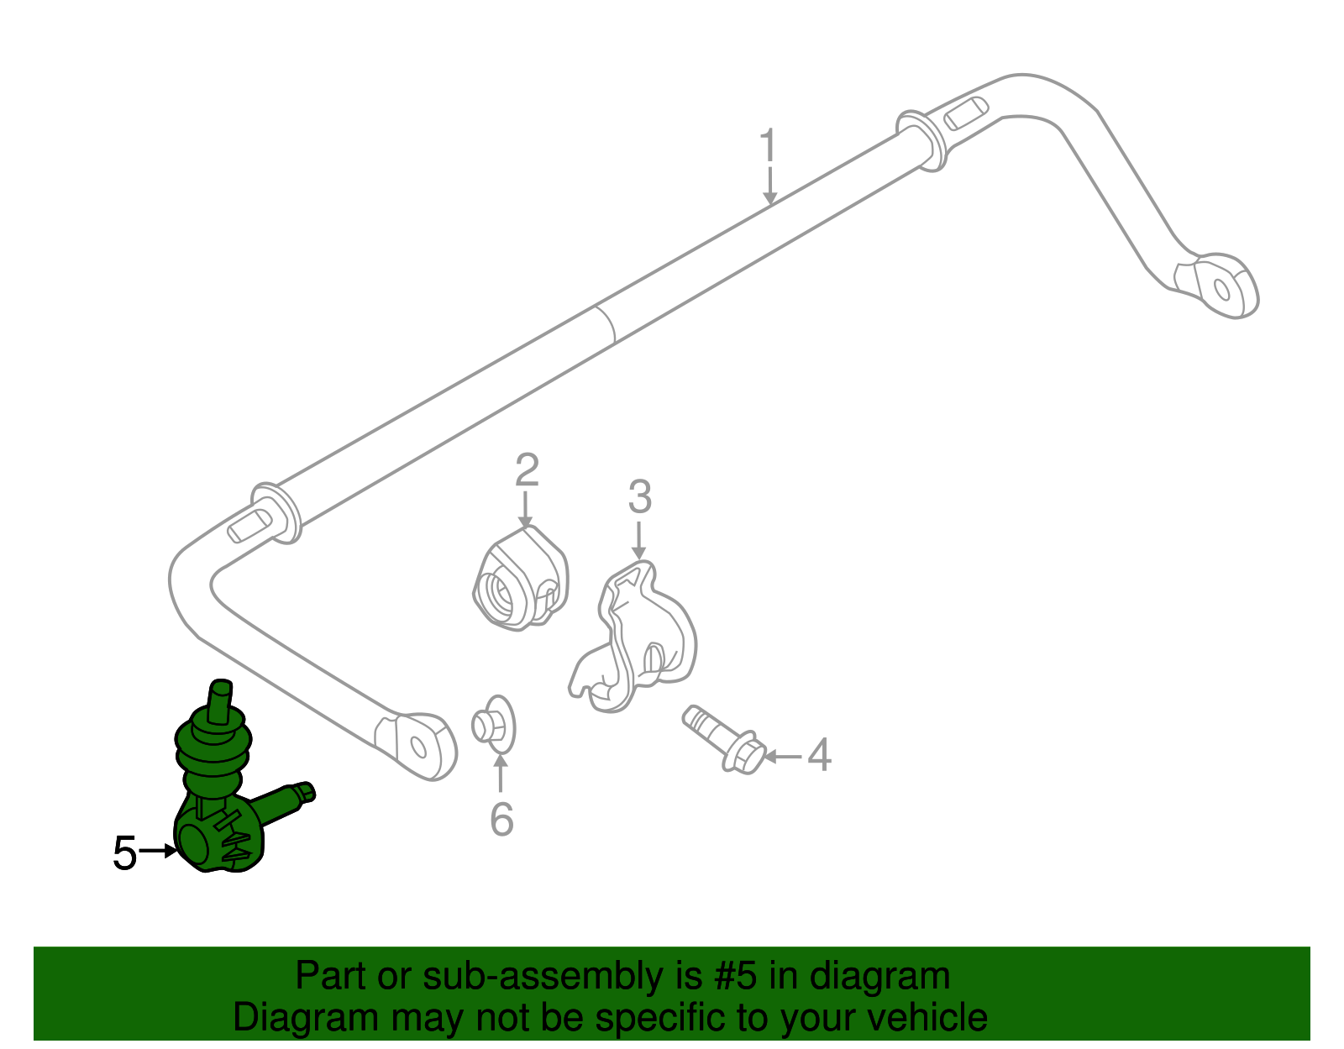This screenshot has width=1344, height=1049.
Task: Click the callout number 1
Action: (x=768, y=146)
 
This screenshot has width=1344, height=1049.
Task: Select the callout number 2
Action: (x=527, y=470)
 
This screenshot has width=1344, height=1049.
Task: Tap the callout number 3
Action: (x=639, y=496)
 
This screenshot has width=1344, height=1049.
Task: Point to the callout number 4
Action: (x=820, y=755)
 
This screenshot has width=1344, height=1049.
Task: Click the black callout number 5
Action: (x=124, y=853)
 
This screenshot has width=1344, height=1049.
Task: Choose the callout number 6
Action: (x=501, y=819)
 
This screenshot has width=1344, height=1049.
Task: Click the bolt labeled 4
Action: (x=723, y=739)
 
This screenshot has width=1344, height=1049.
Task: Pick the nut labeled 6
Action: (x=494, y=725)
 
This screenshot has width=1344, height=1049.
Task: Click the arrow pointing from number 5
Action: (x=158, y=851)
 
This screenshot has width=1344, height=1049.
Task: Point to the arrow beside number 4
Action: (x=783, y=756)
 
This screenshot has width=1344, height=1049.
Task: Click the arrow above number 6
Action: (x=501, y=773)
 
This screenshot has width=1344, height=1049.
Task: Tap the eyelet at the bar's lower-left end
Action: (x=417, y=747)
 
